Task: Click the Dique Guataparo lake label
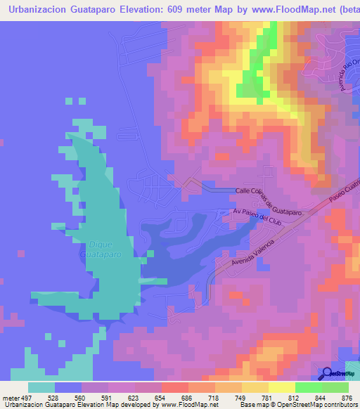[105, 249]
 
